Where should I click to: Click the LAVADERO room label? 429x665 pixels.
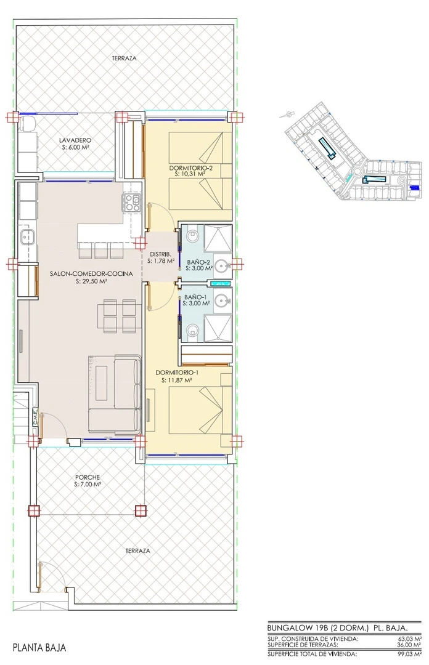point(75,140)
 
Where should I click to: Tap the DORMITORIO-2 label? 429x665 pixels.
point(190,167)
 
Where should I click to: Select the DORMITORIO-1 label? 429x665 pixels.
point(177,373)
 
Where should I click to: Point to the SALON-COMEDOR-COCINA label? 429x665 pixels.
point(91,274)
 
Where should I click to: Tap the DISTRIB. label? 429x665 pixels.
point(160,254)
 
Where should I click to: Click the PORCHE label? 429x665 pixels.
point(87,478)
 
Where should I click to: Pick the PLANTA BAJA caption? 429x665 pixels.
point(39,648)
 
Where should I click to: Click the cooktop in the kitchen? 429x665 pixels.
point(132,203)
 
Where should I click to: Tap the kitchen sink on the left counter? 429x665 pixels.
point(28,237)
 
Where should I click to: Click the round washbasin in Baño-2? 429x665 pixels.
point(221,266)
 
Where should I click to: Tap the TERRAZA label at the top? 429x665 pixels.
point(125,58)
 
